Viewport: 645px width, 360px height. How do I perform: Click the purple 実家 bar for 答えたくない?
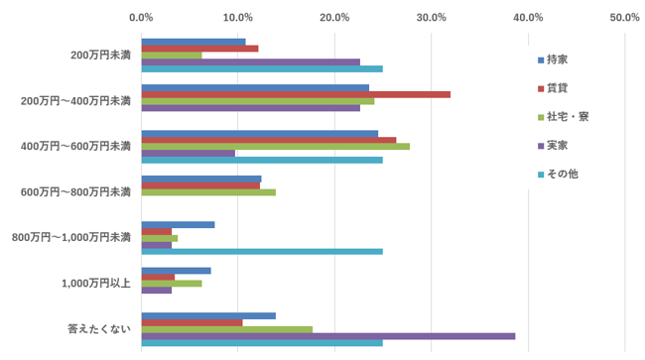coord(328,336)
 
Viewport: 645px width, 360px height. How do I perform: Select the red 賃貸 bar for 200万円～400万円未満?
coord(296,94)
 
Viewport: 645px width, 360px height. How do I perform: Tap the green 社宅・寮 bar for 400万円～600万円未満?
coord(276,147)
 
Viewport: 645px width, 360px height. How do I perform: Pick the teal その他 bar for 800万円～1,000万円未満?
coord(262,252)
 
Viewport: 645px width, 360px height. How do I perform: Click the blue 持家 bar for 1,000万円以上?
coord(176,271)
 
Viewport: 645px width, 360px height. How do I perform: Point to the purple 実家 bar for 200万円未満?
coord(251,62)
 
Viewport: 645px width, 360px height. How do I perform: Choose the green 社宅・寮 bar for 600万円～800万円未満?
coord(208,192)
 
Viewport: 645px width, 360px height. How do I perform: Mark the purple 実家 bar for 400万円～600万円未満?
coord(189,154)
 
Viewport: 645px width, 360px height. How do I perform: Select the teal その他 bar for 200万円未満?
coord(262,68)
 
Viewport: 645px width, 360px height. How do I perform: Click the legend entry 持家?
coord(553,60)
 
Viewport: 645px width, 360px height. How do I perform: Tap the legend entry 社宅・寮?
coord(564,117)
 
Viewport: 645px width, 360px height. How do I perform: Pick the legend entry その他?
coord(558,175)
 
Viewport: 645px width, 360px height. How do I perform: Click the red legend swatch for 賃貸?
coord(541,89)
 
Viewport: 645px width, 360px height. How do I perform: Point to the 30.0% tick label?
coord(431,18)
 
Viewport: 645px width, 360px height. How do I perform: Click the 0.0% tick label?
coord(141,18)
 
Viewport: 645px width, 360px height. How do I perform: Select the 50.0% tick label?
coord(624,18)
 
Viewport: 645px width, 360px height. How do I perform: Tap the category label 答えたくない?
coord(99,329)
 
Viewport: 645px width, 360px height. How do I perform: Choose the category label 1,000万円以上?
coord(96,284)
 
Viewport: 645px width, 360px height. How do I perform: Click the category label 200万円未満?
coord(101,56)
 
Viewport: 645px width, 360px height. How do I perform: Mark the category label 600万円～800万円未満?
coord(75,192)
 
